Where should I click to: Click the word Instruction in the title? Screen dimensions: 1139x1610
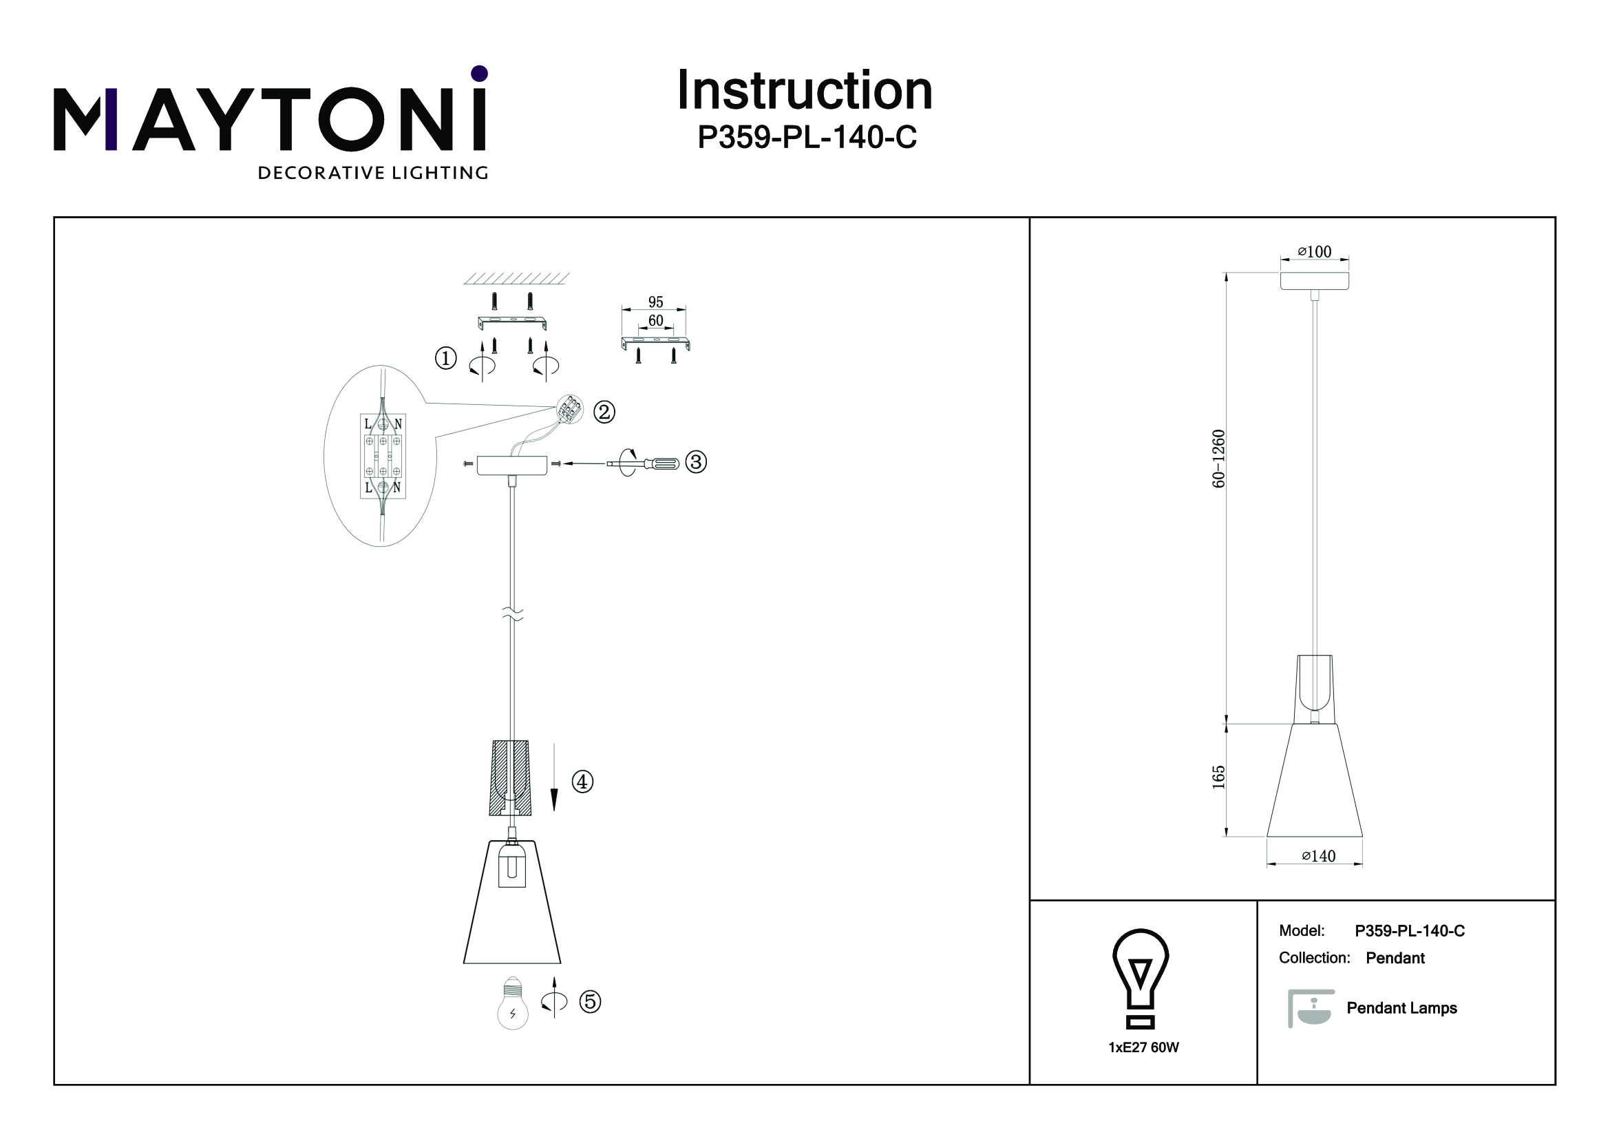(x=804, y=91)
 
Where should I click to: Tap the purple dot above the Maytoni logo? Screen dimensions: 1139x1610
(x=479, y=73)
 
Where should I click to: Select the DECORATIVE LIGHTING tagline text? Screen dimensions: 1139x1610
(x=373, y=174)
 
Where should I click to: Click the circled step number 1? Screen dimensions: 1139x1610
(x=446, y=358)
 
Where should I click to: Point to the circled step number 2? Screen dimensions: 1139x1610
(x=604, y=412)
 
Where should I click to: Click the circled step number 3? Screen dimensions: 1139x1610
(x=696, y=461)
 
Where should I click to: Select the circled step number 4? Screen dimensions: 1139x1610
(x=583, y=782)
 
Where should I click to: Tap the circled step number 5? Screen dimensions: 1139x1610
(x=590, y=1001)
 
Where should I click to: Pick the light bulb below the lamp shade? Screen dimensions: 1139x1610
(x=513, y=1003)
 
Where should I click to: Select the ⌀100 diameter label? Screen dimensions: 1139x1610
(x=1314, y=252)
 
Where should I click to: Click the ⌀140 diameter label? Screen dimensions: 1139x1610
(x=1318, y=857)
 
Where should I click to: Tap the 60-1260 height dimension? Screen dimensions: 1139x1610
(x=1219, y=459)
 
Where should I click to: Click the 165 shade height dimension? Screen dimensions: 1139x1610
(x=1219, y=777)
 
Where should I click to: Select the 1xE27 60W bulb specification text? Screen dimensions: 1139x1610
(x=1144, y=1047)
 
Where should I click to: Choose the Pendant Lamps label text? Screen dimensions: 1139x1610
(x=1401, y=1008)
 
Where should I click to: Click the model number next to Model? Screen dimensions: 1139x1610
(x=1410, y=931)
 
